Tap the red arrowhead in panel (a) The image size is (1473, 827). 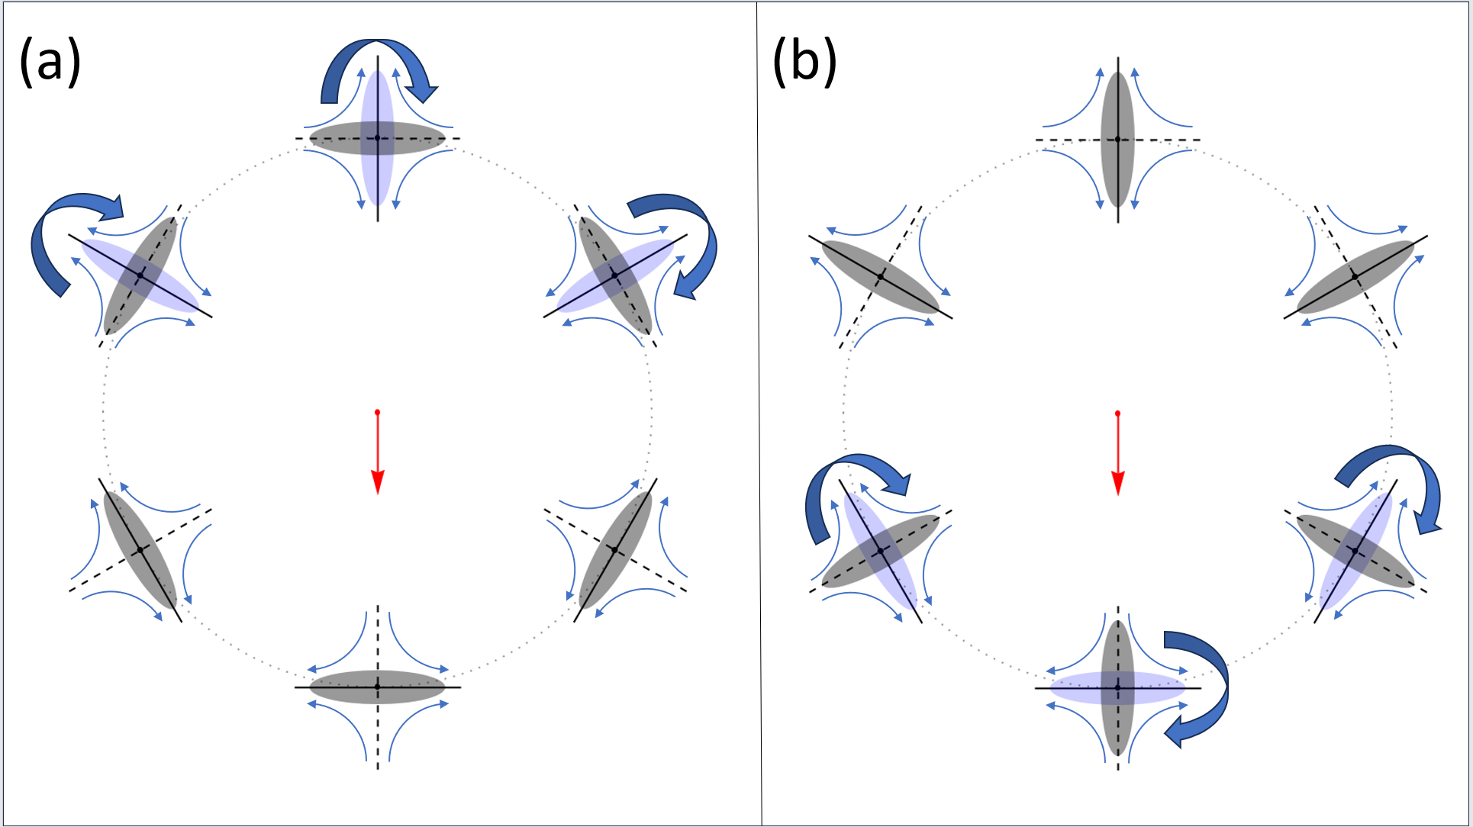point(377,482)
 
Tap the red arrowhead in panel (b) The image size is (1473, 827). point(1118,483)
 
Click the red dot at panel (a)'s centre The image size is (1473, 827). point(377,413)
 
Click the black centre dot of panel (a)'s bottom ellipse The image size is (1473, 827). point(377,687)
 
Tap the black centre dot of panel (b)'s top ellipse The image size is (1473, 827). point(1118,140)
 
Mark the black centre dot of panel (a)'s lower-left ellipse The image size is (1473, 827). point(140,550)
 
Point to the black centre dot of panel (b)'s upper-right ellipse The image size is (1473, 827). point(1355,276)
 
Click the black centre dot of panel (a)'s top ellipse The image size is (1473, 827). point(377,138)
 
